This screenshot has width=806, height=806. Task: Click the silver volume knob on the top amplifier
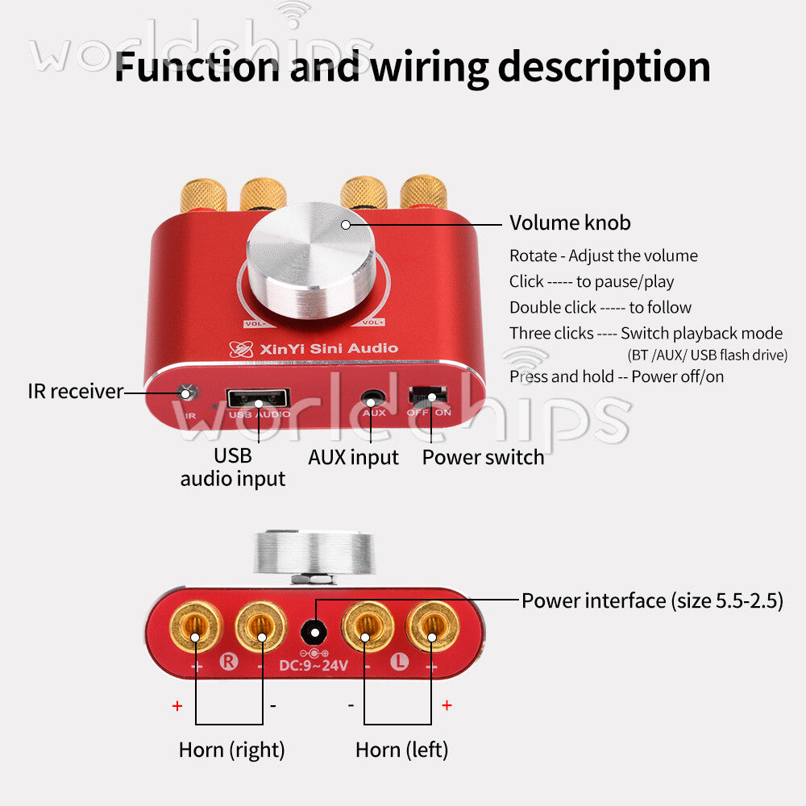coord(311,260)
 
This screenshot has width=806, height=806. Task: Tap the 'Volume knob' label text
coord(570,222)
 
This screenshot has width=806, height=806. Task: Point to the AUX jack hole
coord(373,398)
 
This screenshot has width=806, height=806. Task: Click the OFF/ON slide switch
coord(428,396)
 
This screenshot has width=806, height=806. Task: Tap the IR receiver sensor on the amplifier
coord(188,393)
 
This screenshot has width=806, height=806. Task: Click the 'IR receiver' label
coord(76,392)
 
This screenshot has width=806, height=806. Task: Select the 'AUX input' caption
coord(353,458)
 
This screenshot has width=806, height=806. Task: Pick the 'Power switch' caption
coord(483,457)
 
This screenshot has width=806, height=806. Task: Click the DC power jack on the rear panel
coord(314,632)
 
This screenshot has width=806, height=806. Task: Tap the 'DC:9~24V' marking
coord(314,666)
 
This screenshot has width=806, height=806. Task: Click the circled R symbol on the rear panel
coord(229,662)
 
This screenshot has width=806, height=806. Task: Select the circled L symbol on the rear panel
coord(400,661)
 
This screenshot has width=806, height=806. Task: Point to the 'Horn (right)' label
coord(232,750)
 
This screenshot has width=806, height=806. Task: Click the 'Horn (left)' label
coord(402,750)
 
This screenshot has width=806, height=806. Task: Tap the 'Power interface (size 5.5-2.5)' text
coord(652,601)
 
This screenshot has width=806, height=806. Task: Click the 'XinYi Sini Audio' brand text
coord(329,348)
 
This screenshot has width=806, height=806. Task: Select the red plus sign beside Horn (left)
coord(447,705)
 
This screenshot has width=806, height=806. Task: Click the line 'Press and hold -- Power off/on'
coord(617,376)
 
